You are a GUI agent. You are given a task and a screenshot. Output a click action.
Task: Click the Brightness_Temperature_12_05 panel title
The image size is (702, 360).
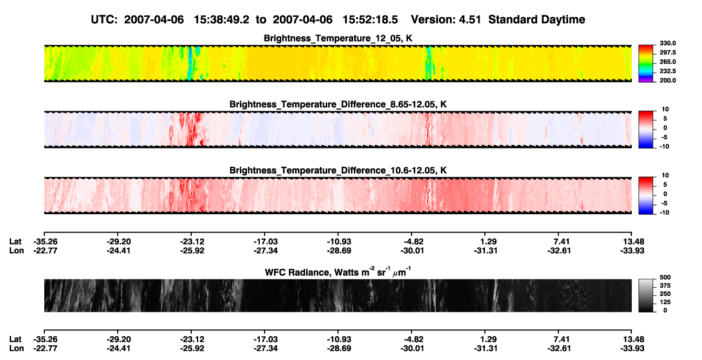click(x=338, y=38)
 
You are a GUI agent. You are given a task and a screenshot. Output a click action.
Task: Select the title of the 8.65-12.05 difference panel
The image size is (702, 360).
click(x=338, y=104)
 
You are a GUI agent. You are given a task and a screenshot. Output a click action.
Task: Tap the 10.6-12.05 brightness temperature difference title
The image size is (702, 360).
click(x=338, y=171)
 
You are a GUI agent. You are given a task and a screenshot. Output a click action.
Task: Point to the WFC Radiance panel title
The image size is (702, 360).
click(x=338, y=272)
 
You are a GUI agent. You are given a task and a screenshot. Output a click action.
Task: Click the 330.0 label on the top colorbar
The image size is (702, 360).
click(x=667, y=43)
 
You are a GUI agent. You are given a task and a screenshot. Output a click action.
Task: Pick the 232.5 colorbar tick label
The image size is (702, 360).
click(x=667, y=71)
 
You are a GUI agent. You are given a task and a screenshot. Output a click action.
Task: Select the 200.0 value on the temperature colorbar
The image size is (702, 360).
click(x=667, y=80)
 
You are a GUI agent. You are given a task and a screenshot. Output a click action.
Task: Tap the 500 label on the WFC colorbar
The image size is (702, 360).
click(x=665, y=277)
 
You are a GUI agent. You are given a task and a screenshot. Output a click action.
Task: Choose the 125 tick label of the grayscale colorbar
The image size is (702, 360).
click(x=665, y=302)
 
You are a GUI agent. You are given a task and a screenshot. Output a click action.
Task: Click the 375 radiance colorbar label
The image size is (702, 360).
click(x=665, y=286)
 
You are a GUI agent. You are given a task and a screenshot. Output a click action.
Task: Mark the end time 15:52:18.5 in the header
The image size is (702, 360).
click(x=370, y=20)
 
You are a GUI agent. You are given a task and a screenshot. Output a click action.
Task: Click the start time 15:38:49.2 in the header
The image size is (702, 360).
click(x=221, y=20)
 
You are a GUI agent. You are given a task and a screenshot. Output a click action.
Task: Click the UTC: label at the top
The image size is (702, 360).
click(x=104, y=20)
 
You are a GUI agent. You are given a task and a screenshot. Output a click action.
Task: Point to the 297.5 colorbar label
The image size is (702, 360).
click(x=667, y=53)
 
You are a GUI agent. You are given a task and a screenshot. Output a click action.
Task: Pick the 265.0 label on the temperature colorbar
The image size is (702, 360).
click(x=667, y=62)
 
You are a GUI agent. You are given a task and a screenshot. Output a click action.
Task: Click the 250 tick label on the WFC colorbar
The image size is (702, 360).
click(x=665, y=294)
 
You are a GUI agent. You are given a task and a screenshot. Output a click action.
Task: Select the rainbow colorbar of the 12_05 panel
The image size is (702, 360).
click(x=646, y=64)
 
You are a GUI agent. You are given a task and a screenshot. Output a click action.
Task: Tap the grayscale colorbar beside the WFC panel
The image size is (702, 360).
click(x=646, y=295)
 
